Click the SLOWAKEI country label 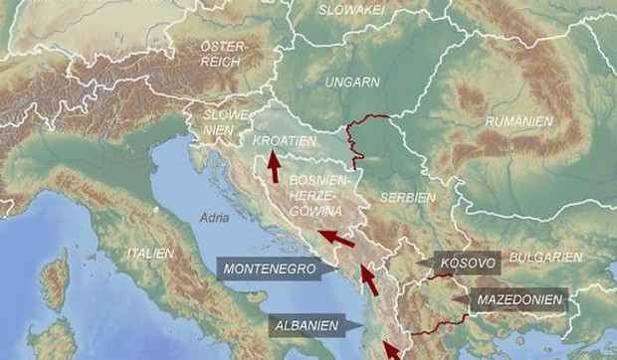[x=350, y=10]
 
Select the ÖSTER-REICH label [x=222, y=55]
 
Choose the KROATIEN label [x=286, y=141]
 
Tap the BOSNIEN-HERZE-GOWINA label [x=315, y=196]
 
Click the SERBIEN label [x=408, y=198]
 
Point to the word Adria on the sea [x=214, y=216]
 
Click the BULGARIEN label [x=545, y=257]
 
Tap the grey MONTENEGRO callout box [x=269, y=269]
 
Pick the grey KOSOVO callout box [x=465, y=263]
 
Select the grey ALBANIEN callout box [x=307, y=325]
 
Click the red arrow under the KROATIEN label [x=273, y=165]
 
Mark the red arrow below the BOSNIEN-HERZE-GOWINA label [x=335, y=239]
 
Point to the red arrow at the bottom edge [x=395, y=351]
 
